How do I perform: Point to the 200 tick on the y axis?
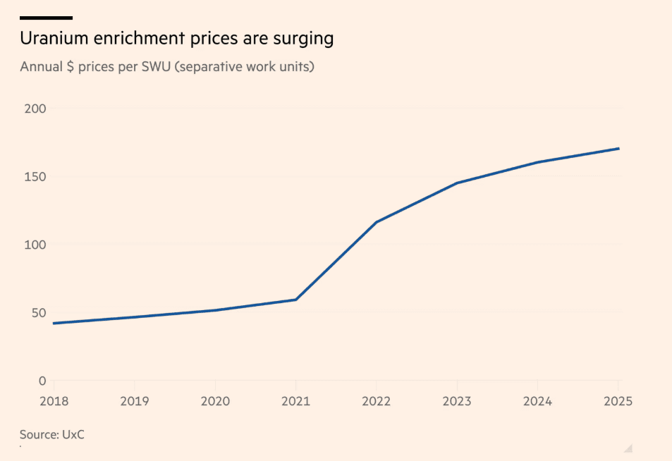[35, 109]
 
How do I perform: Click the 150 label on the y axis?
[35, 177]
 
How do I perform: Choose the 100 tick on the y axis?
[35, 245]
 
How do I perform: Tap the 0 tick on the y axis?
[42, 381]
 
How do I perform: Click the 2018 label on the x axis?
[54, 401]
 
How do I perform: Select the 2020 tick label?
[215, 401]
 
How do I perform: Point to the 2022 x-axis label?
[377, 401]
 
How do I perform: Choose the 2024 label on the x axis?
[538, 401]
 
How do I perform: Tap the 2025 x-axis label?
[618, 401]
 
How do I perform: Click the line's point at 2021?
[296, 300]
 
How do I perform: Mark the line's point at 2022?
[377, 222]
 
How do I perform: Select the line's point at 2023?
[457, 183]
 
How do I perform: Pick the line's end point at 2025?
[618, 149]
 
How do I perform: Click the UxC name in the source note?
[72, 435]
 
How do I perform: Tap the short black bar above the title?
[46, 18]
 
